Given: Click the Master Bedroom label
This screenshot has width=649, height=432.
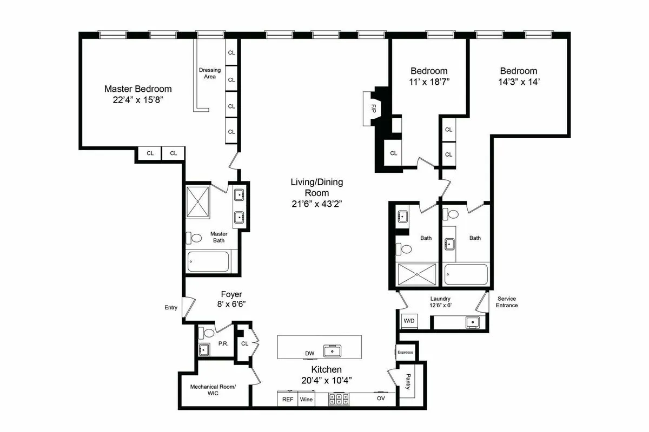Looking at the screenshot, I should point(138,89).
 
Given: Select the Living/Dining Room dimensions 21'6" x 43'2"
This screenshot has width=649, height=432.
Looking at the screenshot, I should point(316,204).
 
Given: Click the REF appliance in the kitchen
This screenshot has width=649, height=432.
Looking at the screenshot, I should point(288,400).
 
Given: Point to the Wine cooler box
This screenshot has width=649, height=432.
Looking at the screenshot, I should point(307,400).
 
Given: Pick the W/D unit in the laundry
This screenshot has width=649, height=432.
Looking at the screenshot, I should point(409,321).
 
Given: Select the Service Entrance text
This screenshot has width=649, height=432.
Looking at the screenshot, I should point(507,302).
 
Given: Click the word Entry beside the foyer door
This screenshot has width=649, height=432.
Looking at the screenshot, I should point(171,307).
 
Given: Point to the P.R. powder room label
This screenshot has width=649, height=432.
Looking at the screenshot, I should point(222,343).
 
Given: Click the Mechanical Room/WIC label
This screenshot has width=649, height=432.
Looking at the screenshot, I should point(213,390).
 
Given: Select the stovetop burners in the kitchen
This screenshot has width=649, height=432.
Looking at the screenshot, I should point(339,400).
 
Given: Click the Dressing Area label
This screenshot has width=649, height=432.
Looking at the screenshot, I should point(210,73).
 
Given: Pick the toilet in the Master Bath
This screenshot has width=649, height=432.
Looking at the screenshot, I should point(194,238).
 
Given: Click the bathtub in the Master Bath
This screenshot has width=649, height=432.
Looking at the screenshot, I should point(209,264).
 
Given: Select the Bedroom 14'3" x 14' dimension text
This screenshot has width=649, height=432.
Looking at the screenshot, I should point(518,83).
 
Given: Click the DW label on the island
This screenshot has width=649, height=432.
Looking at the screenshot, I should point(309,354).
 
